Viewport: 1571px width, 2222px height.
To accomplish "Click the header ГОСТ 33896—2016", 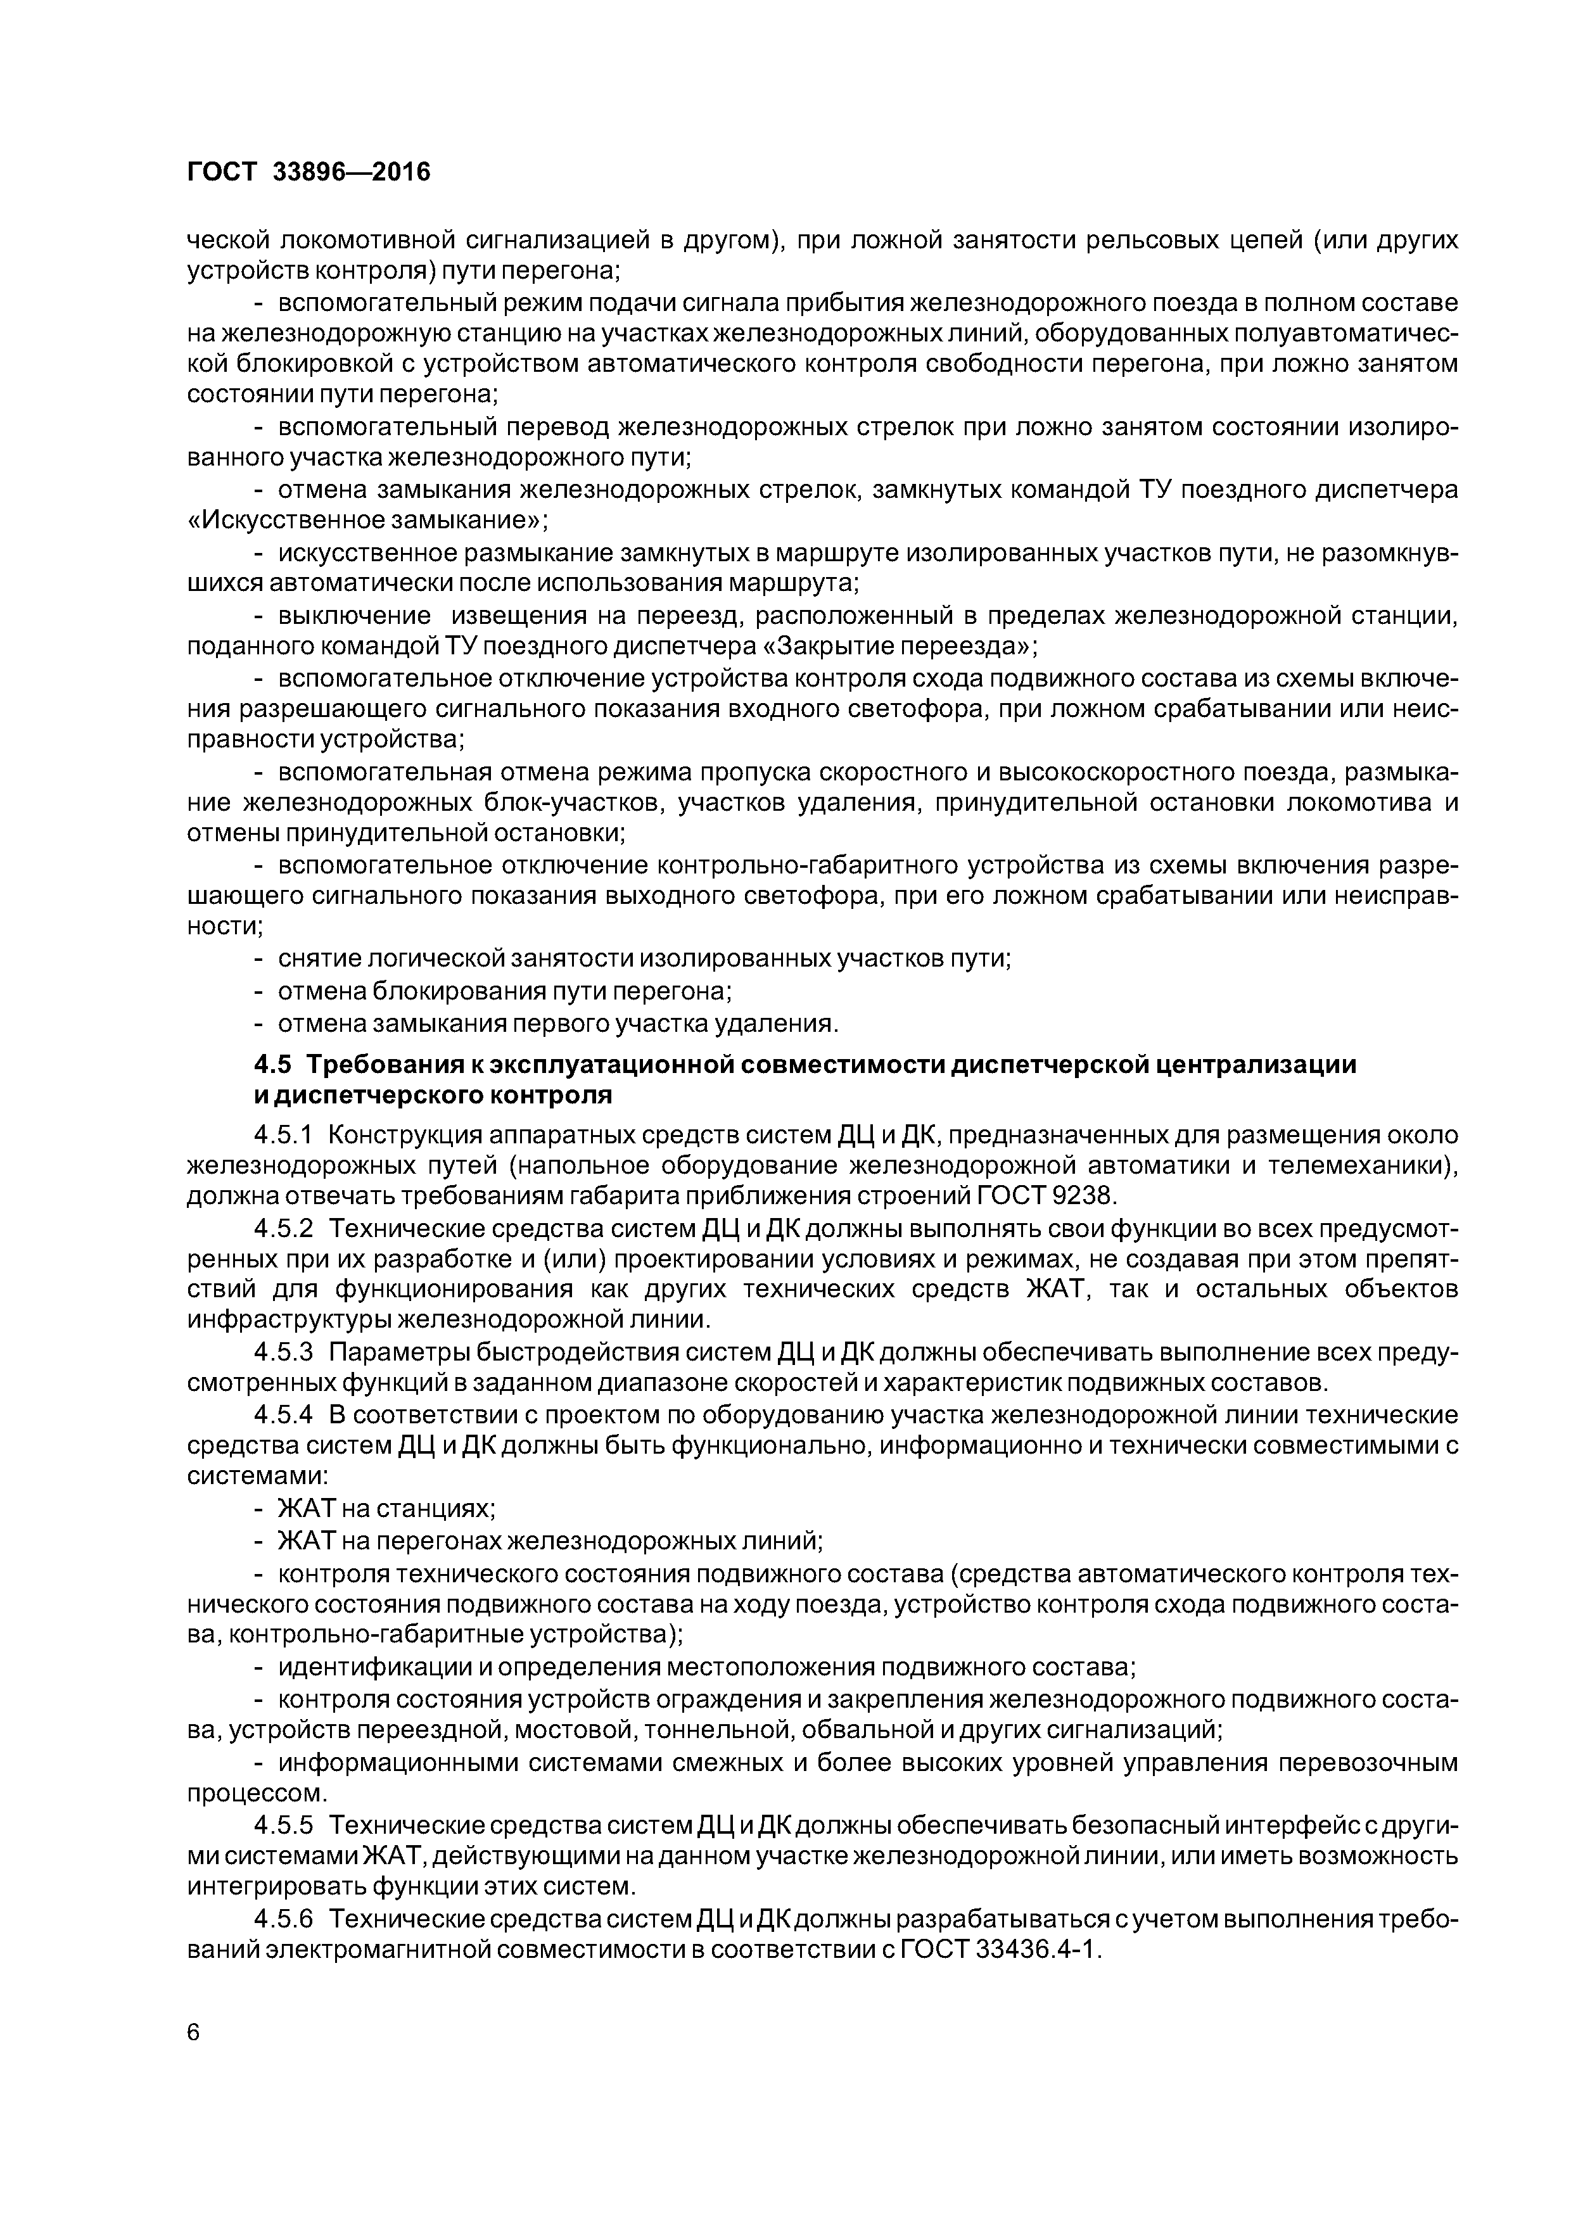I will (308, 172).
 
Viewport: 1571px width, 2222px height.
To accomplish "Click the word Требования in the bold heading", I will (376, 1065).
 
